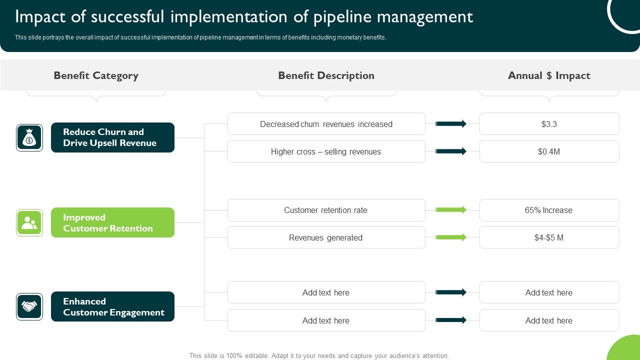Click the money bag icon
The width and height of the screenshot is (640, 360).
click(29, 137)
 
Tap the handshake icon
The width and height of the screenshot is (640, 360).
click(29, 306)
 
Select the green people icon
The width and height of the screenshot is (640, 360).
click(29, 222)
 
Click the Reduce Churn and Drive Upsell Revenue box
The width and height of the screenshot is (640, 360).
click(112, 137)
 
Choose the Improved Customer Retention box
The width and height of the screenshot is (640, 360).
click(112, 222)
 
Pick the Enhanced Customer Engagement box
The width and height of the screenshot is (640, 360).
click(112, 306)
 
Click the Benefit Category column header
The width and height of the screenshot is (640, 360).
click(96, 75)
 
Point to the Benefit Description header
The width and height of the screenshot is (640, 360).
click(326, 75)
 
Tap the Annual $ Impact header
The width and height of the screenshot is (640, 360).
click(549, 75)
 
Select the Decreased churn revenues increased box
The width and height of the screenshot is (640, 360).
click(326, 124)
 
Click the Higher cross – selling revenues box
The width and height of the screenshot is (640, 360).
click(326, 151)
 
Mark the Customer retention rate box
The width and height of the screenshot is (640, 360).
click(326, 210)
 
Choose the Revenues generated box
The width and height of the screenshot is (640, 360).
click(326, 237)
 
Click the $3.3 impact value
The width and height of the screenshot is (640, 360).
click(549, 124)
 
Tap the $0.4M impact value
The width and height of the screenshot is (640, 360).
click(549, 151)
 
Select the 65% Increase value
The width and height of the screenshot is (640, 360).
click(549, 210)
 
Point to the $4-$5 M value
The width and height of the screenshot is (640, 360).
click(549, 237)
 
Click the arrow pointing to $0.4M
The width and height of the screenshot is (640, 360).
click(451, 151)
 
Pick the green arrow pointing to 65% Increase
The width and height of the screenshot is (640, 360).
click(451, 210)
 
